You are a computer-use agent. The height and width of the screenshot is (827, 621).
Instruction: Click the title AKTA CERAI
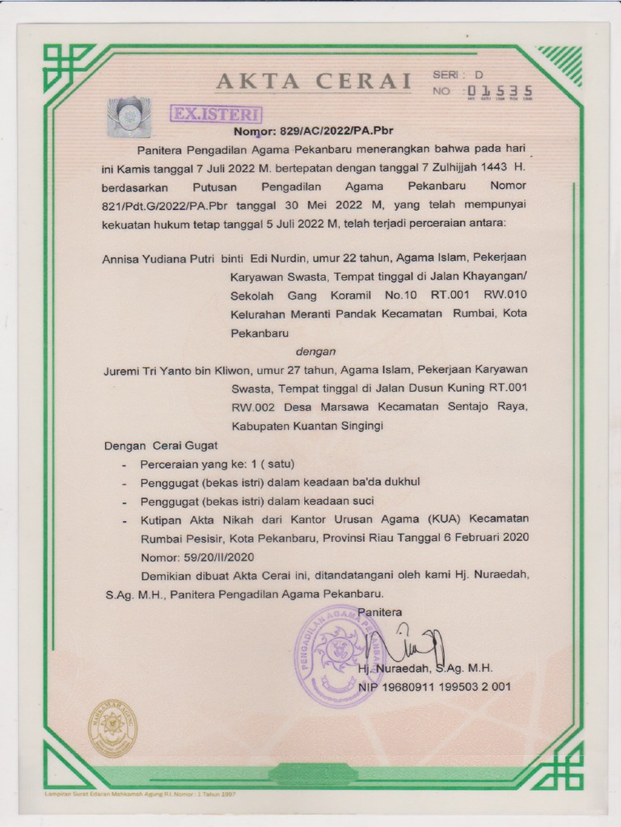click(x=314, y=82)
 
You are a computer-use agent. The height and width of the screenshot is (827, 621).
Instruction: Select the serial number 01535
click(x=499, y=90)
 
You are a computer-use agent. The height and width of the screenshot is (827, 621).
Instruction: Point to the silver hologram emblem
click(x=129, y=115)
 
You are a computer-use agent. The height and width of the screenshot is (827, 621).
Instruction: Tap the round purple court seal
click(x=340, y=655)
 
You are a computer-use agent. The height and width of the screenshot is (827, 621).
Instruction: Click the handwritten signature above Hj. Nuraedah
click(x=405, y=644)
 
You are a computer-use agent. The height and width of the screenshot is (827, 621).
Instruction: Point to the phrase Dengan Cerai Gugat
click(x=161, y=445)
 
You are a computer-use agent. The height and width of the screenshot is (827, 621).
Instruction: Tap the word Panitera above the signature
click(x=380, y=612)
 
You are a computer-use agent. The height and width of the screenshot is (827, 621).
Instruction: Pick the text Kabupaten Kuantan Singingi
click(x=306, y=426)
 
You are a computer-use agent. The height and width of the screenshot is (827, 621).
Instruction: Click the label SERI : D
click(x=458, y=74)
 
